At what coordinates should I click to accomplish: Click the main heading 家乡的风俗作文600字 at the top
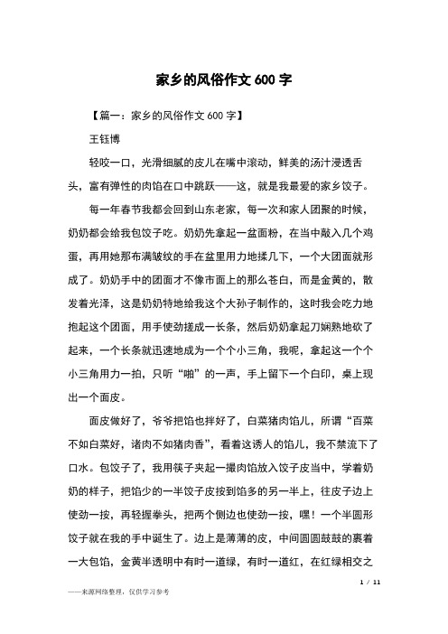coord(223,79)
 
